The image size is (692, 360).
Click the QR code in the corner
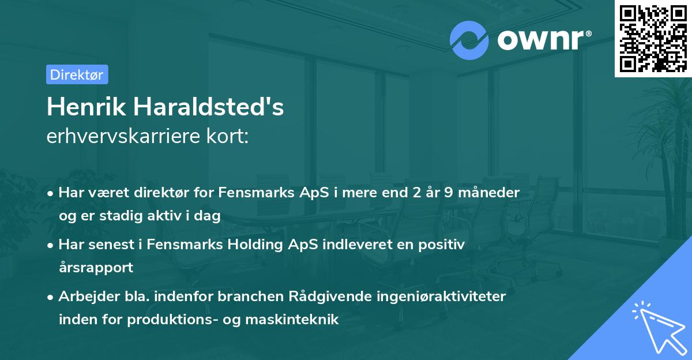[653, 38]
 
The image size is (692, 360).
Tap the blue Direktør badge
[77, 74]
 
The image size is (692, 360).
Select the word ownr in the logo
[542, 39]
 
